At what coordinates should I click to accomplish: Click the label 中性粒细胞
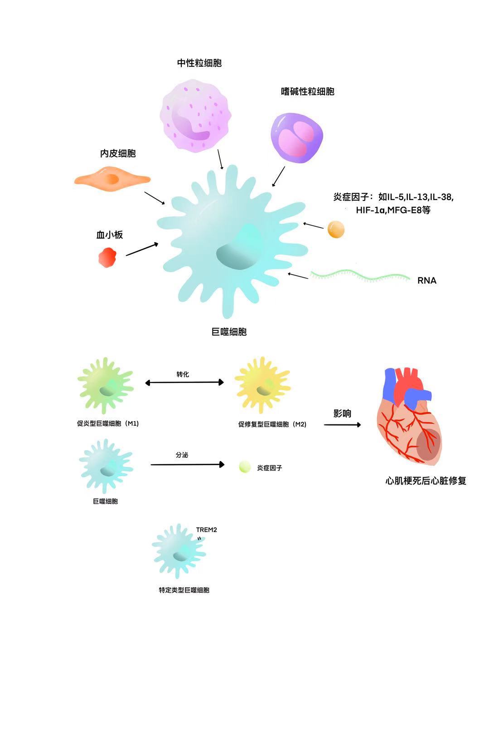point(199,63)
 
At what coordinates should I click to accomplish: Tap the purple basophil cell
point(297,137)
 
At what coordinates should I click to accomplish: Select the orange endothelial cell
point(111,180)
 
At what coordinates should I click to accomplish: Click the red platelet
point(108,257)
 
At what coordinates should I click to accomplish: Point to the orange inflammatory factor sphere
point(336,229)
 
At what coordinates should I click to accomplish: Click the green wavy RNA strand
point(360,275)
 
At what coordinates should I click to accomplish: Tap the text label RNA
point(426,280)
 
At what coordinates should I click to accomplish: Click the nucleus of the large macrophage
point(239,250)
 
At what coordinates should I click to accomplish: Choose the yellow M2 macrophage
point(262,386)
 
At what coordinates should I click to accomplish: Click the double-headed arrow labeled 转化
point(184,383)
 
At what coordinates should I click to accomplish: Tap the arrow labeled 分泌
point(187,464)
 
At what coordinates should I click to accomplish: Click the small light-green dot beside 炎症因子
point(245,467)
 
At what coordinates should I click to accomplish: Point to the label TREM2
point(206,530)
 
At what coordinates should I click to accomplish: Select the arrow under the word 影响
point(342,425)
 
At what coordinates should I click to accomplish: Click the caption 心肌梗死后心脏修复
point(426,481)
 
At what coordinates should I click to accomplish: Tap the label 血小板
point(110,235)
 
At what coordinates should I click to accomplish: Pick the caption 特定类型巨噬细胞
point(184,590)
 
